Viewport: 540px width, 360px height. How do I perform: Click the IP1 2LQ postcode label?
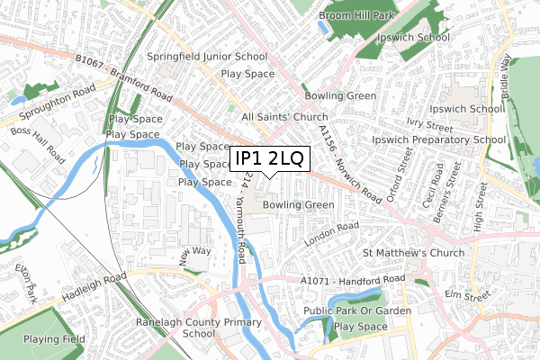pos(270,159)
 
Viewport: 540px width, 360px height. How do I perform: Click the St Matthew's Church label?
pos(414,253)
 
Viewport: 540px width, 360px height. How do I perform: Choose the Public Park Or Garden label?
pos(357,310)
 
